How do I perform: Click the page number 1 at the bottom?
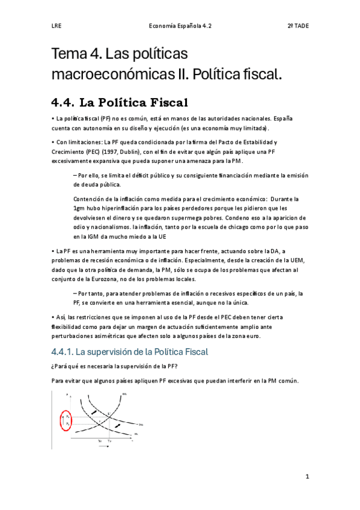coord(307,477)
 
